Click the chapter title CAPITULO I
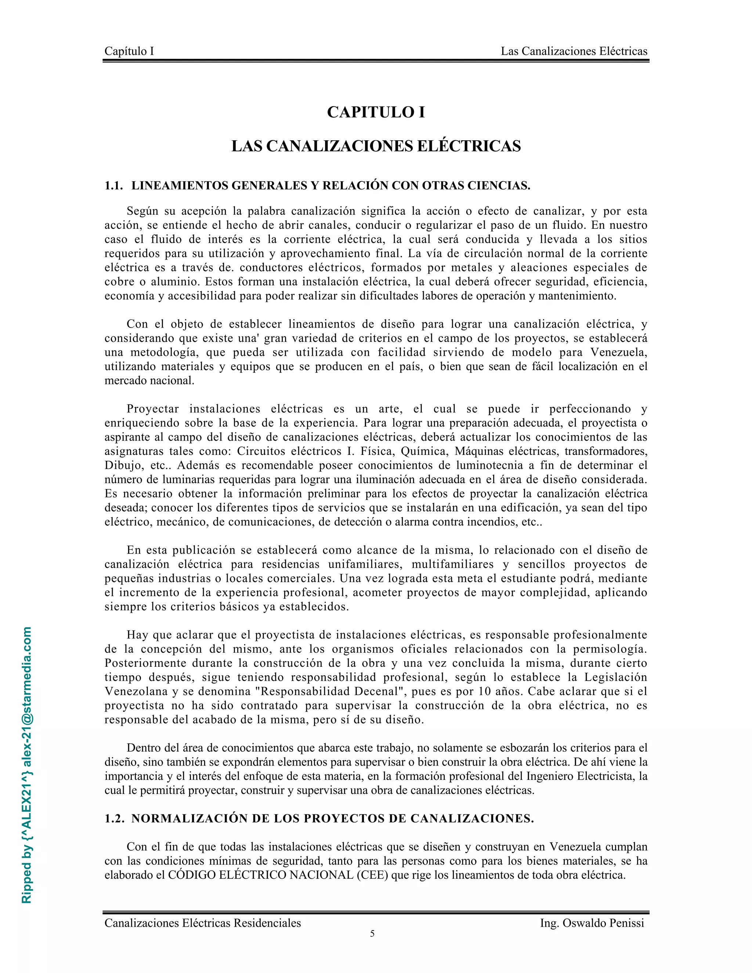(376, 112)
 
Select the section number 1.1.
(113, 186)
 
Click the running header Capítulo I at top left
(129, 51)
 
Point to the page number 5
(372, 934)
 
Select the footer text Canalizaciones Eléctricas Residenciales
(203, 923)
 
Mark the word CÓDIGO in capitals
(190, 875)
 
